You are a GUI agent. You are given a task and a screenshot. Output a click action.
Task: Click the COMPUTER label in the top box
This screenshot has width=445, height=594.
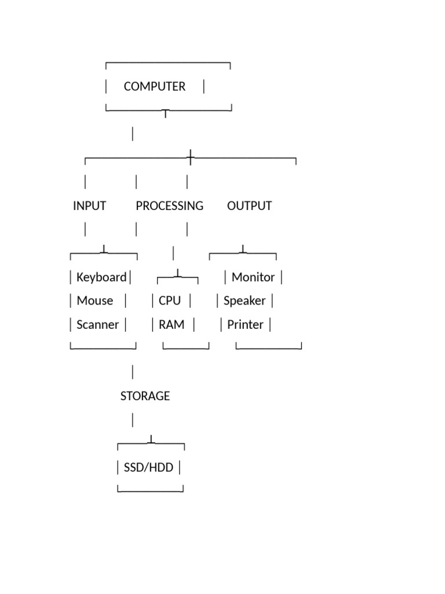154,86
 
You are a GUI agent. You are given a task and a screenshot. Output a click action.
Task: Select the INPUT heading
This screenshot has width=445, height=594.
89,206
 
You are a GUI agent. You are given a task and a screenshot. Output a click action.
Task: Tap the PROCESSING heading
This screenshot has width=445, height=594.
170,206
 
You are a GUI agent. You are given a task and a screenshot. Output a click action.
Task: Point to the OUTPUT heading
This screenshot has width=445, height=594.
249,206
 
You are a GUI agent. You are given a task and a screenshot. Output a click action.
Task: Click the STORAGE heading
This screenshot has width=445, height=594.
145,396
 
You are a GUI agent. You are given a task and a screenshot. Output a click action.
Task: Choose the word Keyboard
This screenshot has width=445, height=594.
101,277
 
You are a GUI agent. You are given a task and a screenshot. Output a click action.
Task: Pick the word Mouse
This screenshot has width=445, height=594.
95,301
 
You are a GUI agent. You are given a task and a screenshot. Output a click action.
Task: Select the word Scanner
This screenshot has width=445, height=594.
97,325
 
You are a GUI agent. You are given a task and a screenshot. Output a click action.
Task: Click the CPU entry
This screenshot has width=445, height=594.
170,301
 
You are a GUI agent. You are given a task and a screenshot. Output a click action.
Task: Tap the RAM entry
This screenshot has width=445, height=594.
172,325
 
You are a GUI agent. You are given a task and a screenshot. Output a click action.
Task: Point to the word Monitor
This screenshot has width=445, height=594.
253,277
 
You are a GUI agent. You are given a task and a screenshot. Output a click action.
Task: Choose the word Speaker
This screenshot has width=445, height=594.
245,301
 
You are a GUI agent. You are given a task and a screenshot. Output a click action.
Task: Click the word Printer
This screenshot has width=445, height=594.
245,325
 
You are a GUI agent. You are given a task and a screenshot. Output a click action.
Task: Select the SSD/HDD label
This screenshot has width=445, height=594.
148,468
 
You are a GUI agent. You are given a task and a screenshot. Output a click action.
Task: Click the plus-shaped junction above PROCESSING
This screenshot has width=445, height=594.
190,158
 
